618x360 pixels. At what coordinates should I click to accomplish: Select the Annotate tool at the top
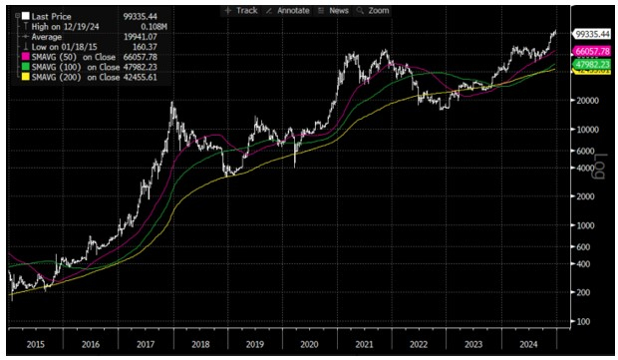pos(290,9)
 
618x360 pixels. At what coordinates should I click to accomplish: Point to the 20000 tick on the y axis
pos(588,102)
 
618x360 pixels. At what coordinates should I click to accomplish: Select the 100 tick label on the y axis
pos(585,322)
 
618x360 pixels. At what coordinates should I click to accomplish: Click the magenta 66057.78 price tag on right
pos(592,51)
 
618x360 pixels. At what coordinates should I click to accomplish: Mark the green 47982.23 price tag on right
pos(592,63)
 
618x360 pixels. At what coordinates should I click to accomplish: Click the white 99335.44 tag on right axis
pos(592,33)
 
